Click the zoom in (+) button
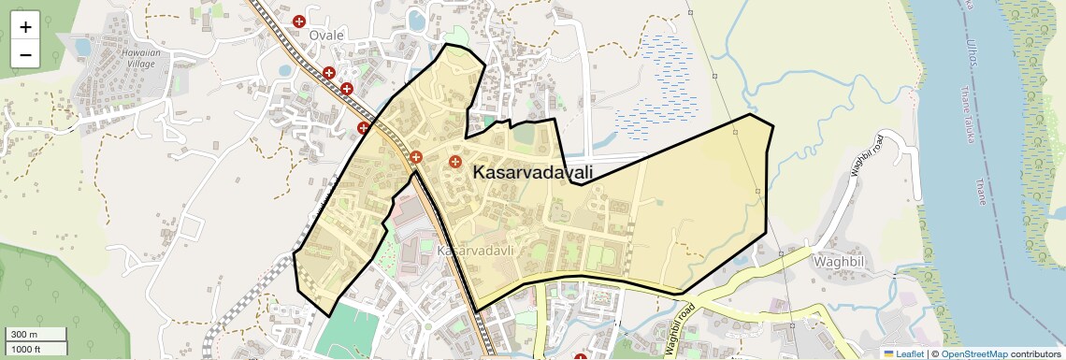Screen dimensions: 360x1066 point(25,26)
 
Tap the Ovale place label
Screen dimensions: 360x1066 point(327,36)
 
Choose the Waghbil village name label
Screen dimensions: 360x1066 point(840,262)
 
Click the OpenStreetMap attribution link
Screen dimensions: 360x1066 point(973,353)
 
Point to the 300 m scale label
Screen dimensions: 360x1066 point(24,335)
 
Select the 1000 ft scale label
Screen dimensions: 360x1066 point(26,349)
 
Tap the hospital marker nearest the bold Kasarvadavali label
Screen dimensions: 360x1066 point(455,162)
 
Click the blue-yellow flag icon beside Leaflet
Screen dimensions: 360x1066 point(889,353)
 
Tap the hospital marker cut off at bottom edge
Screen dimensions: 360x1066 point(580,356)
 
